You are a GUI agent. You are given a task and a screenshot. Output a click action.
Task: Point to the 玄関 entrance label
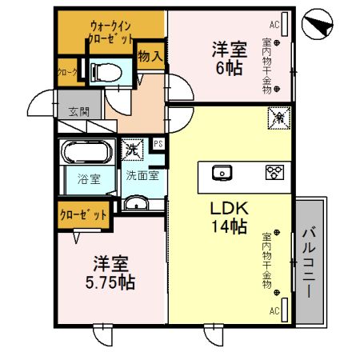pos(78,112)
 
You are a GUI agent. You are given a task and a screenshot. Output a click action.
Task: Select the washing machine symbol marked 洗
pos(130,148)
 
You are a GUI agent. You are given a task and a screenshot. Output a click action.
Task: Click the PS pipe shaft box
pos(158,144)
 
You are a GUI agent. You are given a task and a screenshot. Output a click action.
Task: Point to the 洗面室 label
pos(141,176)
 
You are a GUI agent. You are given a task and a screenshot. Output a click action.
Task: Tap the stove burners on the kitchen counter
pos(275,171)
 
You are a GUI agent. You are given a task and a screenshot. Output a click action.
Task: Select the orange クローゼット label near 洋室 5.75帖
pos(83,214)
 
